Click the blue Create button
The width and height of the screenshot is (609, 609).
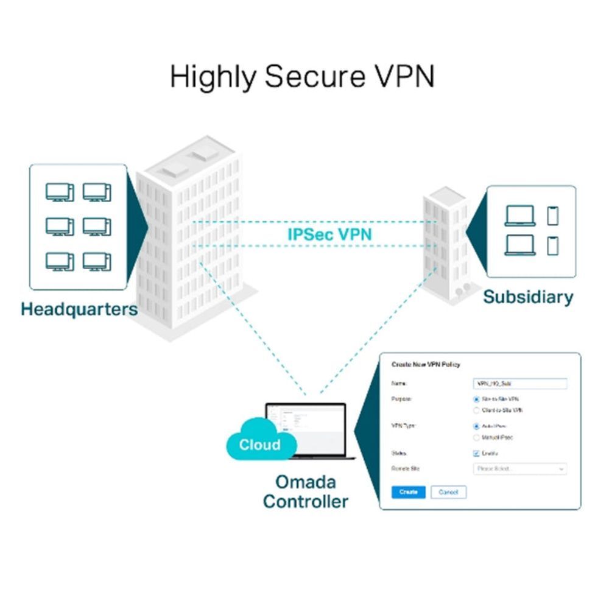408,491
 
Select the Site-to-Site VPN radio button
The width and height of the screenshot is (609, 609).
477,400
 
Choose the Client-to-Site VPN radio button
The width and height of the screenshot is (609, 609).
477,410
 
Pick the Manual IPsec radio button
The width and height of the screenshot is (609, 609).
477,437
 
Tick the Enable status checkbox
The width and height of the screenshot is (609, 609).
477,453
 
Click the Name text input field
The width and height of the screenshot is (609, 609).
519,384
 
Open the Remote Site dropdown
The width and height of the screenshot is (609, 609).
519,469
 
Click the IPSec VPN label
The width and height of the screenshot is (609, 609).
329,234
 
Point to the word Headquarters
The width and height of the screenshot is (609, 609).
79,309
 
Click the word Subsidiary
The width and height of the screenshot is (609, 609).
528,297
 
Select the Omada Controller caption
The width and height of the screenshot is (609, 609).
306,491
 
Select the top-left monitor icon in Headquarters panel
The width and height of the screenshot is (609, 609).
60,192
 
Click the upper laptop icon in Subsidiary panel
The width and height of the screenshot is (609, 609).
520,216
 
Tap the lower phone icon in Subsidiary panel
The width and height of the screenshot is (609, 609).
552,245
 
